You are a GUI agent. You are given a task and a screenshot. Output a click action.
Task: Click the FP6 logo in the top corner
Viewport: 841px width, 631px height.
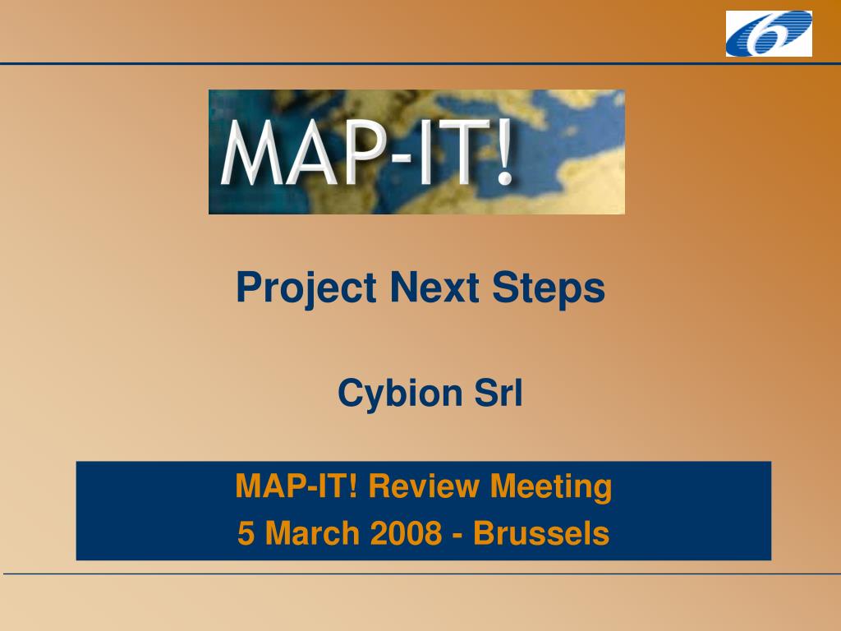point(769,33)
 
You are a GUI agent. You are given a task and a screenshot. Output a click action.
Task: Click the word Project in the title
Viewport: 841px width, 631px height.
point(306,288)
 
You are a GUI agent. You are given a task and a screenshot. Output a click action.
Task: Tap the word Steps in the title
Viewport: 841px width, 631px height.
point(549,288)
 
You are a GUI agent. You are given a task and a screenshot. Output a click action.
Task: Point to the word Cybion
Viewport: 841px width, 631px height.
point(400,394)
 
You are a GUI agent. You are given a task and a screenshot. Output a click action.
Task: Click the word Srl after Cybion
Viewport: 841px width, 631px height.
point(499,393)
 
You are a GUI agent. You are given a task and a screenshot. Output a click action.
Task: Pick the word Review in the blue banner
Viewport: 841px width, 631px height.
point(423,486)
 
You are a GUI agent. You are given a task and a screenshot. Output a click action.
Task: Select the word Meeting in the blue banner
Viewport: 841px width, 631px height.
point(551,487)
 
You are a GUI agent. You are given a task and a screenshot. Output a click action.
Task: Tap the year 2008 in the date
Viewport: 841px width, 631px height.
point(406,532)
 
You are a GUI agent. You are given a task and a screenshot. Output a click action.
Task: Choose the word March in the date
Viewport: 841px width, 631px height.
point(312,532)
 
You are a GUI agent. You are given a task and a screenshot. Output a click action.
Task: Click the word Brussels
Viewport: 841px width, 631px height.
point(541,532)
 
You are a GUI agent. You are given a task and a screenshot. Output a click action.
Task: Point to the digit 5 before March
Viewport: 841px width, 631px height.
point(246,532)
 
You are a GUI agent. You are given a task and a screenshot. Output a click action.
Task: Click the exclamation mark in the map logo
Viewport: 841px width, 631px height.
point(504,152)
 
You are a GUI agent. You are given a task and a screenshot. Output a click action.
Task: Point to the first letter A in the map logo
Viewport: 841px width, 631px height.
point(311,152)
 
